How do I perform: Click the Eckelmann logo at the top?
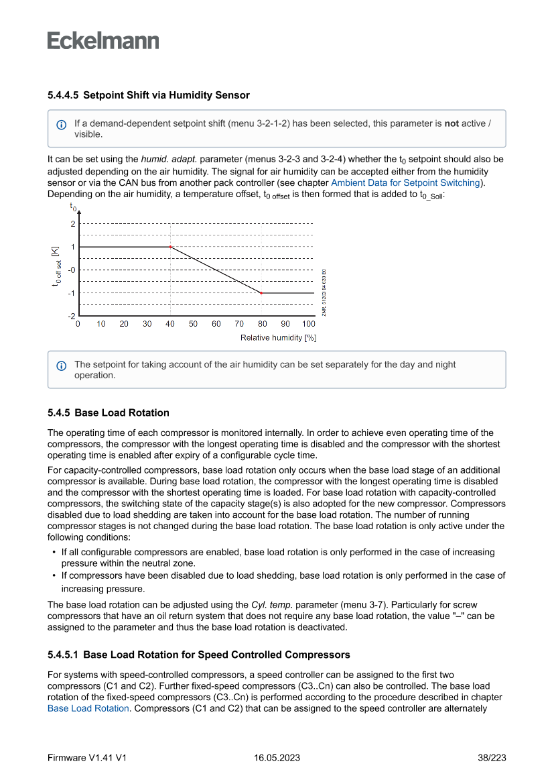click(103, 40)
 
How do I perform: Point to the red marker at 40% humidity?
click(170, 247)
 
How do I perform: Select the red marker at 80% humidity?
click(261, 293)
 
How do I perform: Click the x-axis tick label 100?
click(308, 324)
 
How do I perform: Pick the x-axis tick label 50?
click(193, 324)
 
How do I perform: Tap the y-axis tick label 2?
click(72, 223)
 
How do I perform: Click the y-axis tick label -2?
click(71, 316)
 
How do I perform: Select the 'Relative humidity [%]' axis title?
click(278, 337)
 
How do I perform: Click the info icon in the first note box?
click(62, 125)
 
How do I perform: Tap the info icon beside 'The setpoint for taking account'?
click(62, 366)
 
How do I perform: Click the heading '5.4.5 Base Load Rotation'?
click(109, 412)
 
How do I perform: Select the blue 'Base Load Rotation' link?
click(88, 708)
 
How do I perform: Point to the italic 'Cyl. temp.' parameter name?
click(271, 604)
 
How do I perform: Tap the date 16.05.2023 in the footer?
click(277, 758)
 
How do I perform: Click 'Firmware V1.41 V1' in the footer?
click(87, 758)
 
